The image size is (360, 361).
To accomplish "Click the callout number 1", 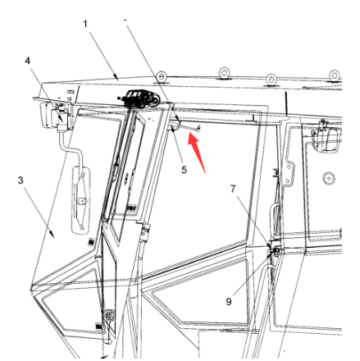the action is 85,24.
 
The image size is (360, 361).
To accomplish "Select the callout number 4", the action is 28,61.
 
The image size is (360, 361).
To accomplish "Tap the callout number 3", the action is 21,180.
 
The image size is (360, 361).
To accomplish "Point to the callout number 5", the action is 184,170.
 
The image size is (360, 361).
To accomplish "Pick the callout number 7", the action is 233,189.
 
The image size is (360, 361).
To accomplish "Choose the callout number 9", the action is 229,301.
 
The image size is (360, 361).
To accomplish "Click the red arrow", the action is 196,154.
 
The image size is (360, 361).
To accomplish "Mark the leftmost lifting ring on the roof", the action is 161,76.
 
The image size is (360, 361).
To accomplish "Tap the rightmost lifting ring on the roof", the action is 335,75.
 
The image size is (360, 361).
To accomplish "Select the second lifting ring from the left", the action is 224,73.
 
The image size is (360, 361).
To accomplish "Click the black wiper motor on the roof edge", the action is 139,98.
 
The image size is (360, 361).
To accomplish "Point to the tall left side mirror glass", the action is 81,200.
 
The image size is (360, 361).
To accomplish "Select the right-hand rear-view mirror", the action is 326,139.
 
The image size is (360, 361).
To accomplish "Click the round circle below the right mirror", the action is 329,179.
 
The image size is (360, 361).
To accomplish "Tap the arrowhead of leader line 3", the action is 52,234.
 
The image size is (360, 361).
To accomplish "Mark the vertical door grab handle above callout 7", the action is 273,219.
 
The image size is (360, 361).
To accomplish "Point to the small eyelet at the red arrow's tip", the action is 198,127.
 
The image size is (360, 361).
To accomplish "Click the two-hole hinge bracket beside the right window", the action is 289,173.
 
